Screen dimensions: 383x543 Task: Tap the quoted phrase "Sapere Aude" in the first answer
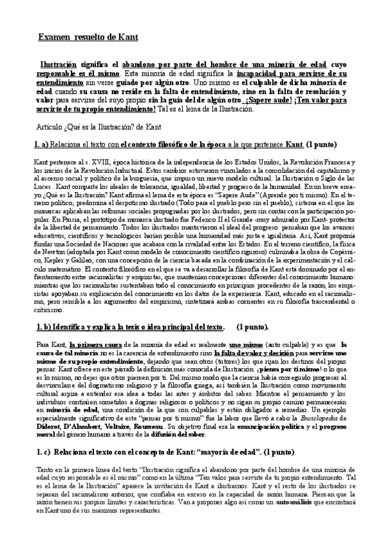(x=217, y=194)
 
